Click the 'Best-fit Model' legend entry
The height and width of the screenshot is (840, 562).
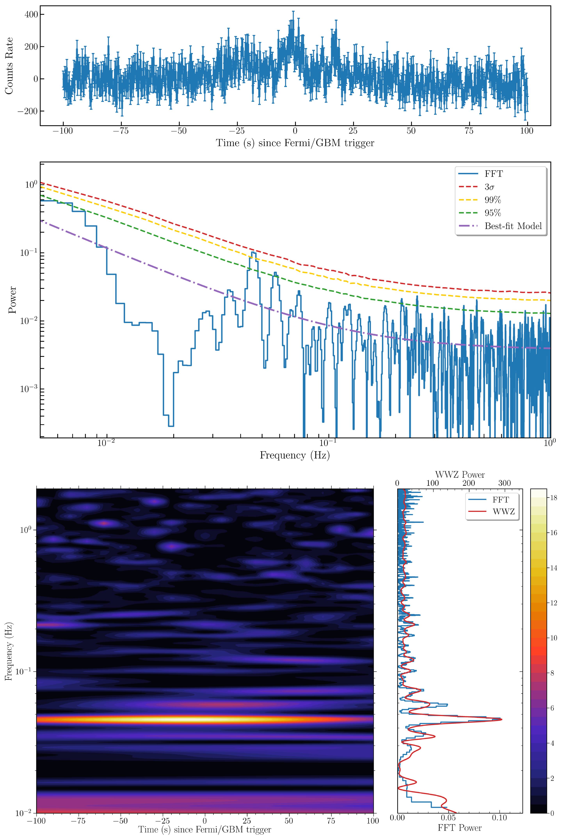513,226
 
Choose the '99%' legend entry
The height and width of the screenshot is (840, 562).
493,200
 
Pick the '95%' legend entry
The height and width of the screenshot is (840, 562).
493,213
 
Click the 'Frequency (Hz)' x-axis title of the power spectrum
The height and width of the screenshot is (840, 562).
295,455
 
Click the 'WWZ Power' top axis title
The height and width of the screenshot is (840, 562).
460,475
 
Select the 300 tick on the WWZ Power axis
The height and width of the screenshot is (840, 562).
505,483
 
